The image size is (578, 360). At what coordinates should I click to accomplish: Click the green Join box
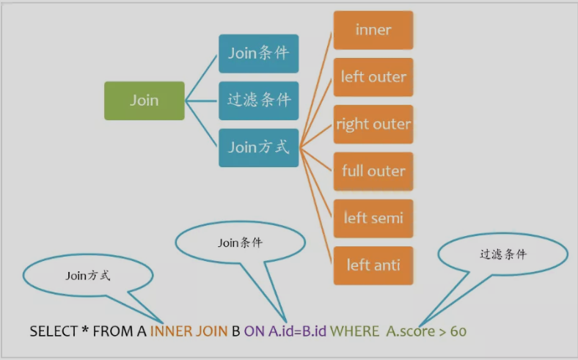(144, 100)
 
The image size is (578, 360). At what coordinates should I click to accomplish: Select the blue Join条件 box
(258, 54)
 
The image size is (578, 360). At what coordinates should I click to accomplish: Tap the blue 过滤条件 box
(258, 100)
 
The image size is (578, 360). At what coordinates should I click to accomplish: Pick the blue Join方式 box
(258, 147)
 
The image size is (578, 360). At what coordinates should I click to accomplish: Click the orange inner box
(373, 30)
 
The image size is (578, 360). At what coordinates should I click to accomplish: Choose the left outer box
(373, 77)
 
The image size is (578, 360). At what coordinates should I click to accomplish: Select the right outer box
(373, 124)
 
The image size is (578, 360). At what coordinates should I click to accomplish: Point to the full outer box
(373, 171)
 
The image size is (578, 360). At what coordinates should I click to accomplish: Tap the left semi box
(373, 218)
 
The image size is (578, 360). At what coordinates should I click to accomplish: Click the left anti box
(373, 265)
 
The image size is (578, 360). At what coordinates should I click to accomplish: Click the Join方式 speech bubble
(87, 276)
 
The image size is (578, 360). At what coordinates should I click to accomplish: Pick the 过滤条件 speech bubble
(502, 255)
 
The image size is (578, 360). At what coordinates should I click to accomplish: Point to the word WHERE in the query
(354, 331)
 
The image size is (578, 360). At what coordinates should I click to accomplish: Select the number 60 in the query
(458, 331)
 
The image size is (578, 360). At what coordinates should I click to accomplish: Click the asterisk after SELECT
(85, 330)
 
